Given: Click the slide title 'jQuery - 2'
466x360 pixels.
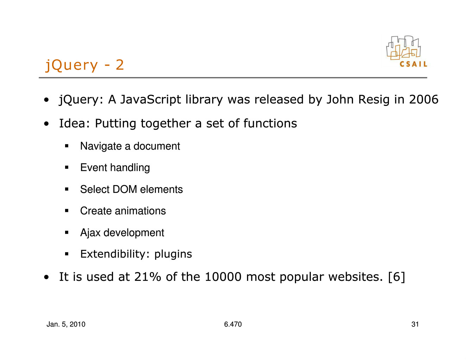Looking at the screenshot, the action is tap(84, 65).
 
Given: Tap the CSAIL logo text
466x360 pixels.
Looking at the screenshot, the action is tap(413, 64).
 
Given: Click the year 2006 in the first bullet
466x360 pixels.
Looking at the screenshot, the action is tap(424, 99).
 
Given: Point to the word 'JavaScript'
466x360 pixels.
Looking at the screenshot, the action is tap(150, 100).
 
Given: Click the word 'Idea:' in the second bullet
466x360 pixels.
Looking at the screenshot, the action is tap(74, 123).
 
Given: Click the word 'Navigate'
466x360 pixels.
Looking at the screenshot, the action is tap(101, 147).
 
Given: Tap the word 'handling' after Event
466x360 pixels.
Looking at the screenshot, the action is tap(130, 168).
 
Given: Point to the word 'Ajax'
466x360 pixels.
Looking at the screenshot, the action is tap(90, 233).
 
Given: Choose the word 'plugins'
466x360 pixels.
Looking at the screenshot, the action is tap(173, 254).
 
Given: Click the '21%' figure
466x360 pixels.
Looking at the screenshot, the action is tap(147, 277).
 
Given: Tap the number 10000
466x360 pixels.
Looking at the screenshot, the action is tap(223, 277).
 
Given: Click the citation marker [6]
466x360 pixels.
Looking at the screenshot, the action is tap(397, 277).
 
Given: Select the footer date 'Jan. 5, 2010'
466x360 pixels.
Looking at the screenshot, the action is tap(66, 324).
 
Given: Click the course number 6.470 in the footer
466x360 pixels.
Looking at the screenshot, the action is tap(233, 324).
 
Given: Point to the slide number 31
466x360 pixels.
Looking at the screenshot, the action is tap(415, 324).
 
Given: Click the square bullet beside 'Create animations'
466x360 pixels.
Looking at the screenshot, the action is tap(67, 211).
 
